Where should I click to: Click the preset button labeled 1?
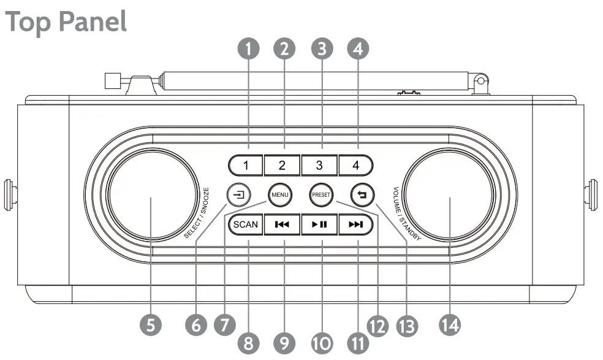(246, 164)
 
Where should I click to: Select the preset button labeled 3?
(319, 164)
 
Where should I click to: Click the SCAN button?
(246, 224)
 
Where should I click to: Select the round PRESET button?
(320, 196)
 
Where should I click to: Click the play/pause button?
(319, 224)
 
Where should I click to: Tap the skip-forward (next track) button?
(355, 224)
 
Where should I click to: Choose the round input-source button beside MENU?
(237, 196)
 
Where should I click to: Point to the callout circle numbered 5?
(150, 323)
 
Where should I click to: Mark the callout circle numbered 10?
(319, 340)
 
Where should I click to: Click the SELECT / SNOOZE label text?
(197, 212)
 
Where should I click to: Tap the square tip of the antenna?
(112, 82)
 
